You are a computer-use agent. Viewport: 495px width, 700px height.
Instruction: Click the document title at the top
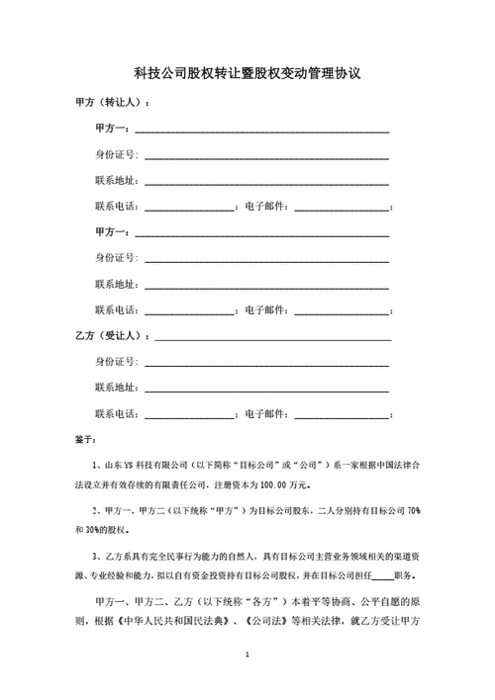247,73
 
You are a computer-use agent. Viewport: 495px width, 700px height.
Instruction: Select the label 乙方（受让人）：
113,336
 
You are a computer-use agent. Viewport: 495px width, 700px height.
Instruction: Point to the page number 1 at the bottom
247,655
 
